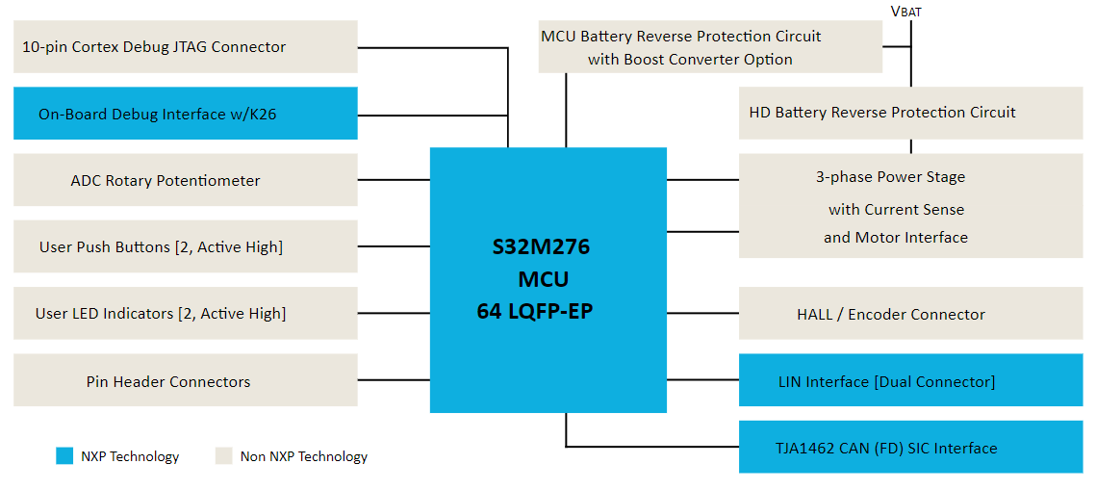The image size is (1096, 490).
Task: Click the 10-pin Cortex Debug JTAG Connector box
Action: coord(185,47)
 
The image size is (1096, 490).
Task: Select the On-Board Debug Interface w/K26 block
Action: coord(185,114)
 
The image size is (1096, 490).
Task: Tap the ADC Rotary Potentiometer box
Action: coord(185,180)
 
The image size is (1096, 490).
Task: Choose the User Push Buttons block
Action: coord(185,246)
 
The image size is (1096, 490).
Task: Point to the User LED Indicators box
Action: coord(185,313)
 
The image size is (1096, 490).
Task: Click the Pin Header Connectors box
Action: coord(185,381)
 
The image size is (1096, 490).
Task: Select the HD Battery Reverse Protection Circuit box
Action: coord(910,113)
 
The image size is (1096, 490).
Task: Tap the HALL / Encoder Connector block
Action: coord(910,314)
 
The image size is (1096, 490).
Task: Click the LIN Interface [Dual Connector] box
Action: coord(910,381)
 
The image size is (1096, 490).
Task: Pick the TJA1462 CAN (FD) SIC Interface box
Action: coord(910,448)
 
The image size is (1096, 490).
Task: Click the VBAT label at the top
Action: coord(906,12)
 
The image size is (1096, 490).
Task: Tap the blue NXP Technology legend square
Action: coord(64,456)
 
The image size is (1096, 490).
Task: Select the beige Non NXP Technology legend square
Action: coord(224,456)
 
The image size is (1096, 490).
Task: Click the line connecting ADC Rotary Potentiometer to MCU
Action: coord(393,180)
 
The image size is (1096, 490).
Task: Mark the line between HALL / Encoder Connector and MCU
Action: coord(702,314)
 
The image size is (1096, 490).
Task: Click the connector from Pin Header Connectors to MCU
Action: coord(393,380)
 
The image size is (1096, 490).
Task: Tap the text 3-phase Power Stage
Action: coord(890,177)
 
